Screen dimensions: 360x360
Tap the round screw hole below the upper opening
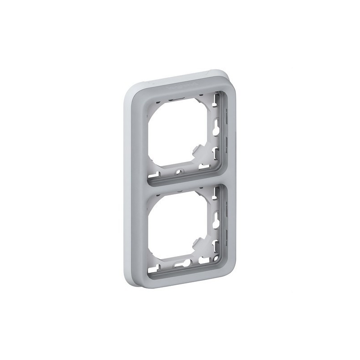click(180, 171)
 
